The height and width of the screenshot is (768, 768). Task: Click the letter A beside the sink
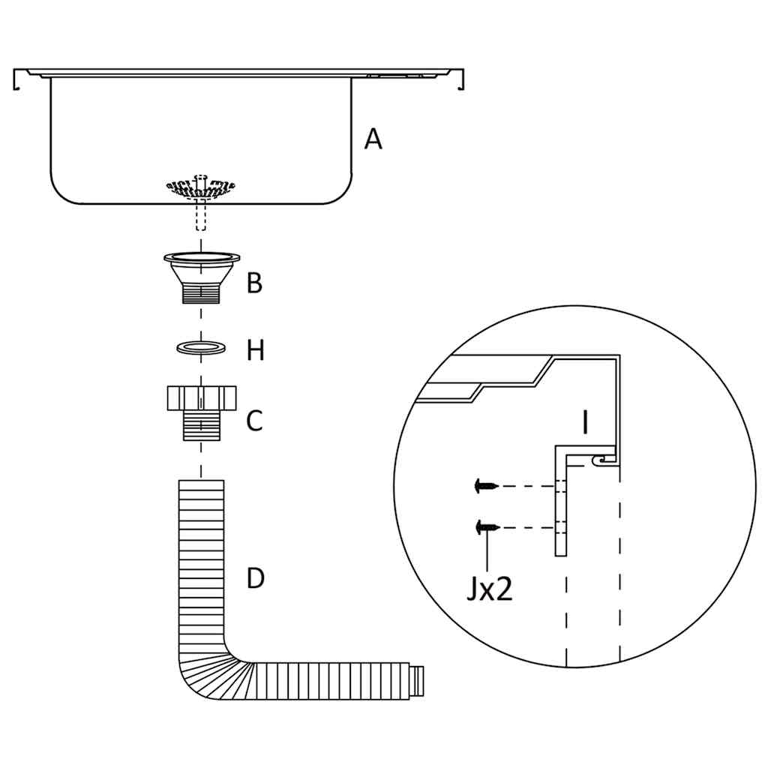coord(373,139)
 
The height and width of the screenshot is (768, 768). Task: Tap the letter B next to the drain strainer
coord(255,283)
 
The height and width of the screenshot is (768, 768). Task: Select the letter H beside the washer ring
coord(256,351)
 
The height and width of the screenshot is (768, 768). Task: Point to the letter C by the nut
coord(255,421)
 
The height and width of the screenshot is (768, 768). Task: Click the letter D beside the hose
coord(256,579)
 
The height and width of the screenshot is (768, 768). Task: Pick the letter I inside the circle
coord(585,423)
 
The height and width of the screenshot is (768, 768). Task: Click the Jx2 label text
coord(489,589)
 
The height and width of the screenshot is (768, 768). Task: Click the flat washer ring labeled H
coord(201,347)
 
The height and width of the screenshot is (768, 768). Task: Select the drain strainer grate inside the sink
coord(199,187)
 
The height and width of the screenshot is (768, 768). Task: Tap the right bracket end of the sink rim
coord(460,79)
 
